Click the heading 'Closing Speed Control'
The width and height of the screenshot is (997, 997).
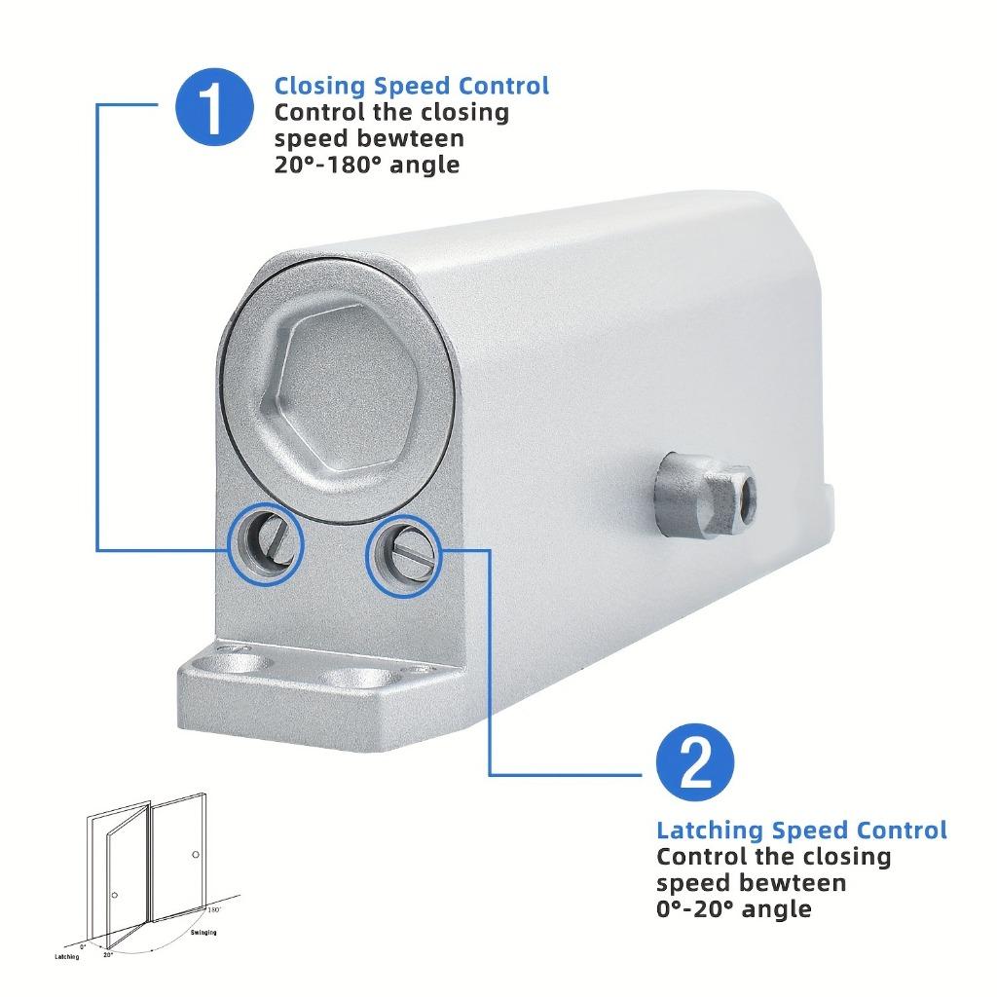click(412, 86)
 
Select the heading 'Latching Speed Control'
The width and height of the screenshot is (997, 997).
click(801, 831)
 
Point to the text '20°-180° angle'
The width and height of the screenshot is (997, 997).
click(367, 165)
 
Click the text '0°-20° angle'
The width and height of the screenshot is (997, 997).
click(733, 909)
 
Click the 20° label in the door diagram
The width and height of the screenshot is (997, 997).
click(108, 955)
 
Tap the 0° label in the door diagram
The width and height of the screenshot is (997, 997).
click(83, 945)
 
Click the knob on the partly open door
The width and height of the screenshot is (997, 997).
click(115, 896)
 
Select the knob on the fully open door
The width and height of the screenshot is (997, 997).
click(196, 854)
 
